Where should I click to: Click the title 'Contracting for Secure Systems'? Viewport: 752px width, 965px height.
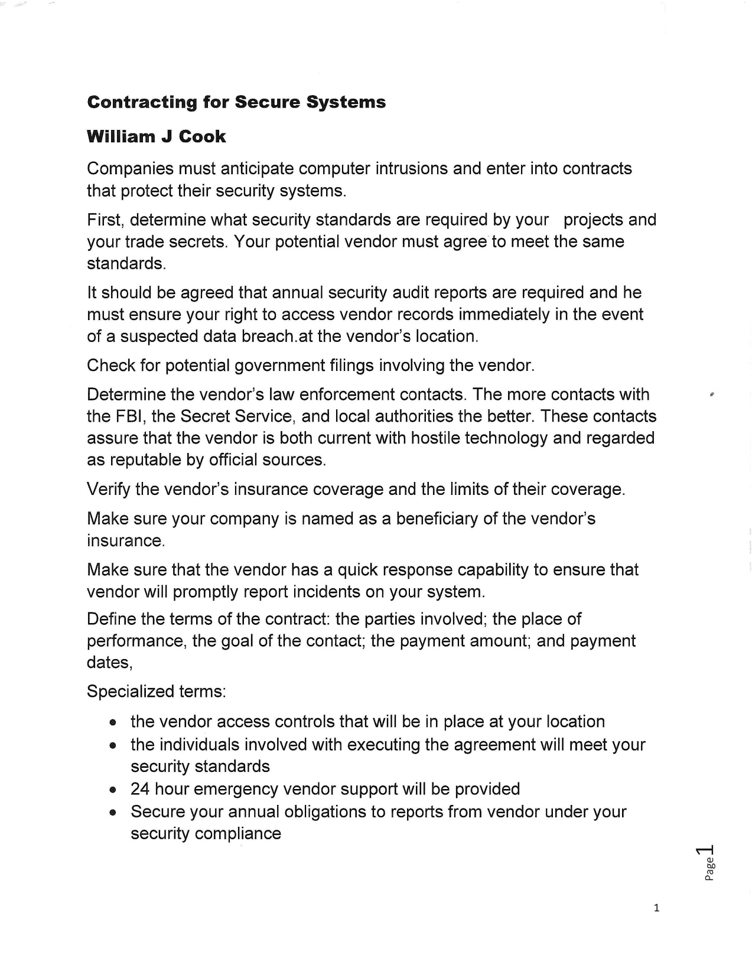coord(236,102)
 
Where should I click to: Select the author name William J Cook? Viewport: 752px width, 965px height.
coord(156,136)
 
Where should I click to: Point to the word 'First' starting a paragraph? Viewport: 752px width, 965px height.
coord(105,220)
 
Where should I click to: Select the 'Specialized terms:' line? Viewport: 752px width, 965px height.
coord(156,691)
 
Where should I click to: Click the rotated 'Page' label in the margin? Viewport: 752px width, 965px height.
coord(710,869)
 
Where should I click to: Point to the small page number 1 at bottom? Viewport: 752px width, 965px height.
coord(656,908)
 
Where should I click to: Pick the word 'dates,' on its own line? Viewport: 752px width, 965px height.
coord(110,663)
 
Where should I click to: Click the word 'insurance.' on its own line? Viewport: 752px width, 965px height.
coord(125,541)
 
